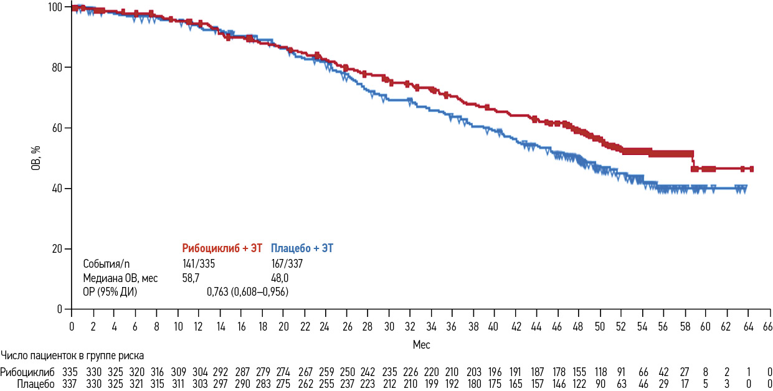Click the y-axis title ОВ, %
click(37, 158)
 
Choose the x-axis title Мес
click(421, 344)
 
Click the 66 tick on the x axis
click(767, 326)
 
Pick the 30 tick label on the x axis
click(389, 326)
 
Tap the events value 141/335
click(198, 264)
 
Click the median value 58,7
click(189, 278)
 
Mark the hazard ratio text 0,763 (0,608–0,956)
click(247, 291)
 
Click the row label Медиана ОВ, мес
click(120, 278)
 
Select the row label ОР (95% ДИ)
click(110, 291)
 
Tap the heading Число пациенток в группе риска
click(72, 356)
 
